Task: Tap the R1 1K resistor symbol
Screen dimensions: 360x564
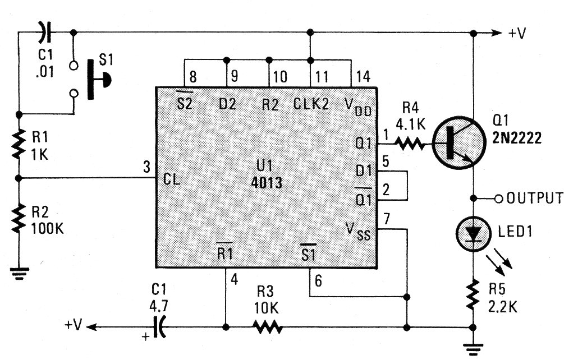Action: click(x=19, y=144)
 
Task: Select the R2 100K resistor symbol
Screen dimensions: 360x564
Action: click(x=19, y=219)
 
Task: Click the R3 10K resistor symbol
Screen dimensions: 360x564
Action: click(x=267, y=326)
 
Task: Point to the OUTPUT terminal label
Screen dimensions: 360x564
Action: click(x=534, y=198)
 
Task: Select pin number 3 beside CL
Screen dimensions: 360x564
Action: click(x=146, y=167)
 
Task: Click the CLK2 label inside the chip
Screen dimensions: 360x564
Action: click(x=311, y=104)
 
